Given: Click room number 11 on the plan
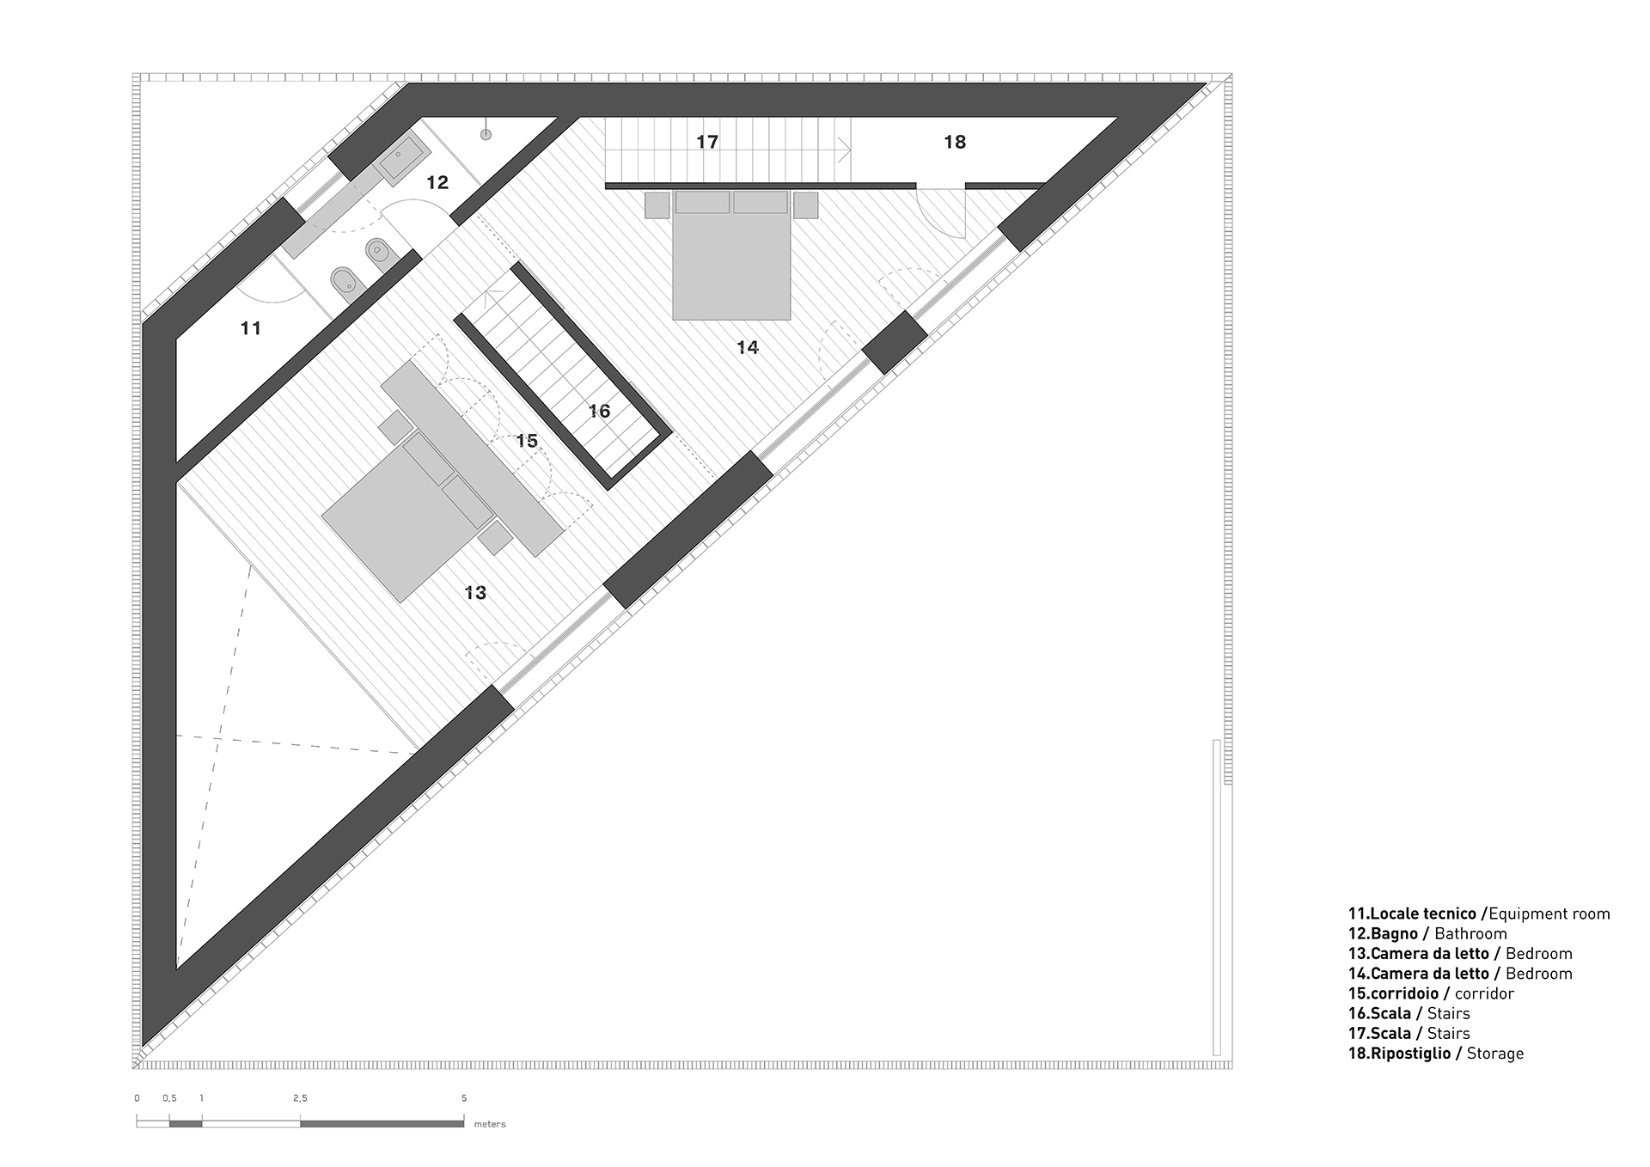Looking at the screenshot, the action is pyautogui.click(x=250, y=328).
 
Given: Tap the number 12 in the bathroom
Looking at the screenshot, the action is pyautogui.click(x=437, y=182).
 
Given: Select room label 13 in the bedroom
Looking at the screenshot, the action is pyautogui.click(x=475, y=593).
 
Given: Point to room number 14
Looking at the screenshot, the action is pyautogui.click(x=748, y=347).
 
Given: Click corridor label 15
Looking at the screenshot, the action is pyautogui.click(x=527, y=441).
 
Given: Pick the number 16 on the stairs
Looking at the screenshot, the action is pyautogui.click(x=599, y=412).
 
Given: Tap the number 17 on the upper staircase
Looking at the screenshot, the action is pyautogui.click(x=707, y=142).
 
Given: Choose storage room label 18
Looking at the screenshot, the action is pyautogui.click(x=955, y=142).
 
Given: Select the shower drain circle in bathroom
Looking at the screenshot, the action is pyautogui.click(x=486, y=134).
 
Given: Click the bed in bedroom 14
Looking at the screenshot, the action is pyautogui.click(x=731, y=255).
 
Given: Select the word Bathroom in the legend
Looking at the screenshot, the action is pyautogui.click(x=1470, y=934).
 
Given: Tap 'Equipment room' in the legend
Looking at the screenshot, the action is pyautogui.click(x=1549, y=914).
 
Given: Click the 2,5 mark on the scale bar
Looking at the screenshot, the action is pyautogui.click(x=300, y=1098).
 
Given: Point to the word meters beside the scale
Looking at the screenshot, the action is pyautogui.click(x=490, y=1124).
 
